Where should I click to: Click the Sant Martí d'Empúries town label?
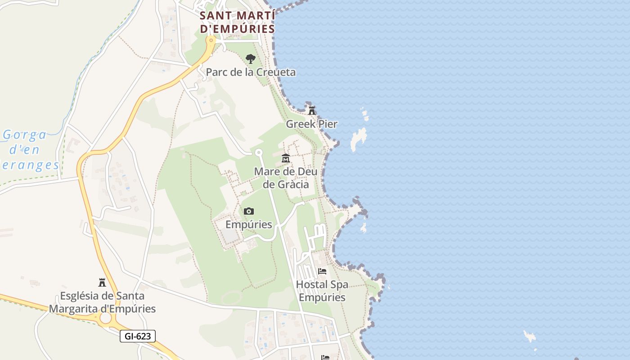[237, 22]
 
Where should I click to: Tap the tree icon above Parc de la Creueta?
[251, 58]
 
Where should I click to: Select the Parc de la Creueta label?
[251, 72]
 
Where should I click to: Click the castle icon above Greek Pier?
[311, 110]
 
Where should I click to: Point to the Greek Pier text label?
[311, 124]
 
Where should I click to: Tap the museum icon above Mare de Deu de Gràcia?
[286, 158]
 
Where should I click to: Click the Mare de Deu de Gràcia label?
[286, 178]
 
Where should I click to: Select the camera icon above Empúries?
[248, 211]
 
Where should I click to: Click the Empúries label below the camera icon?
[248, 224]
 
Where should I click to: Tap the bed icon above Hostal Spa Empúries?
[322, 271]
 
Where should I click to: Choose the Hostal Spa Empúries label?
[322, 291]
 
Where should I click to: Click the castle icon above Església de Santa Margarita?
[102, 283]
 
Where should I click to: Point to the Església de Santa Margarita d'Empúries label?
[102, 302]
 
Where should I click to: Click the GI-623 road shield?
[138, 336]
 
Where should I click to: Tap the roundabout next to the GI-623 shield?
[105, 318]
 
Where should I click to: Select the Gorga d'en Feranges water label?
[30, 150]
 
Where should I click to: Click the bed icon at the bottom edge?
[325, 357]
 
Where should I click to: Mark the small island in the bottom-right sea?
[530, 336]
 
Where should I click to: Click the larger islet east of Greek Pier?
[359, 138]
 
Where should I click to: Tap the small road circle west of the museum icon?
[259, 153]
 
